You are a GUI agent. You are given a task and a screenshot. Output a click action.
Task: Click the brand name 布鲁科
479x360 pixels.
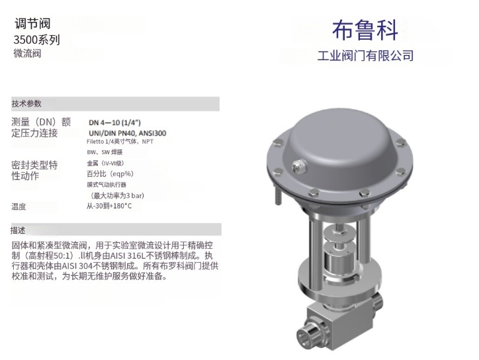click(365, 30)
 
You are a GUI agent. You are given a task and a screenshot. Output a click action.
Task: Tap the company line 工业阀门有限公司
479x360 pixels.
click(365, 56)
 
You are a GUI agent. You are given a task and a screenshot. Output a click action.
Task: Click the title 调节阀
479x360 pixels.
click(32, 24)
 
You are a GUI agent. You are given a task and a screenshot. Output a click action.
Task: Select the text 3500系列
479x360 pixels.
click(36, 40)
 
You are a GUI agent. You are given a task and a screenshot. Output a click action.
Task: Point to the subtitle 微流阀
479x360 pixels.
click(27, 54)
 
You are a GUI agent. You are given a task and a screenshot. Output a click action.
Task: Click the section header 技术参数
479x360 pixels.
click(26, 104)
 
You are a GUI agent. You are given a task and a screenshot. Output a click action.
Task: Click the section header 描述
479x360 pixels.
click(18, 230)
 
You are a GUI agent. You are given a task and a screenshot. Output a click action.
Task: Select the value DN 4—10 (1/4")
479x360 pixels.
click(115, 122)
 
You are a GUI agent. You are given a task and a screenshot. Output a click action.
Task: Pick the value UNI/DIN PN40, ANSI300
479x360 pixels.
click(128, 133)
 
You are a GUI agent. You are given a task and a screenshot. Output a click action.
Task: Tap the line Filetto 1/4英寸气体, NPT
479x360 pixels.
click(120, 142)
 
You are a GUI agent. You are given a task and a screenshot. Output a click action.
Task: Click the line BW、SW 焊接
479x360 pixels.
click(105, 152)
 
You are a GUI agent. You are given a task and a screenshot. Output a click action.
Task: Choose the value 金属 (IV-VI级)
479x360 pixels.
click(106, 163)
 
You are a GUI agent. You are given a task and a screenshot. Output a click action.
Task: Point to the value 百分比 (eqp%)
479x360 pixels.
click(110, 174)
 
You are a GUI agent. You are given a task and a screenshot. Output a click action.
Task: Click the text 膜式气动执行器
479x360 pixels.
click(107, 185)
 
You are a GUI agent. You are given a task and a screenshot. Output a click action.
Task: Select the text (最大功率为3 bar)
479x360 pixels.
click(117, 196)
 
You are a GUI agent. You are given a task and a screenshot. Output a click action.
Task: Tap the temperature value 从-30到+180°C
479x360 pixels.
click(109, 206)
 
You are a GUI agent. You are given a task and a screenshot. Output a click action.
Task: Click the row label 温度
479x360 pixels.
click(19, 207)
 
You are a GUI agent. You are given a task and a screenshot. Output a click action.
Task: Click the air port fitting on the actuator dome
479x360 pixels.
click(298, 167)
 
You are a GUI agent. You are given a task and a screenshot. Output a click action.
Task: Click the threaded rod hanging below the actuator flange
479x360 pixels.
click(279, 196)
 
